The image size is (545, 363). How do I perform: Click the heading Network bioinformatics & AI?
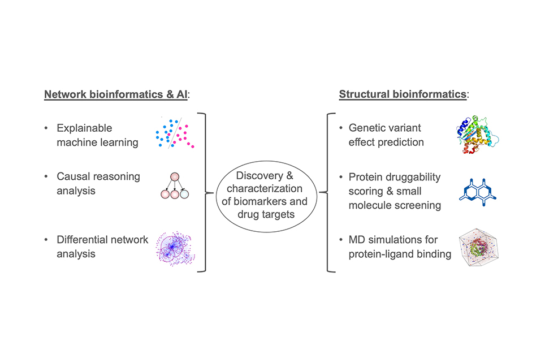tap(116, 94)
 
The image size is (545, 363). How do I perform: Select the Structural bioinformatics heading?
tap(403, 94)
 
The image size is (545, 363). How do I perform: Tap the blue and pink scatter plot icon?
tap(175, 133)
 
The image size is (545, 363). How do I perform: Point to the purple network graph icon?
tap(175, 248)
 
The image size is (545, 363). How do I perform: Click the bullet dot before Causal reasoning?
tap(47, 178)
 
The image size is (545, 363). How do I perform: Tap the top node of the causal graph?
tap(174, 176)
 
